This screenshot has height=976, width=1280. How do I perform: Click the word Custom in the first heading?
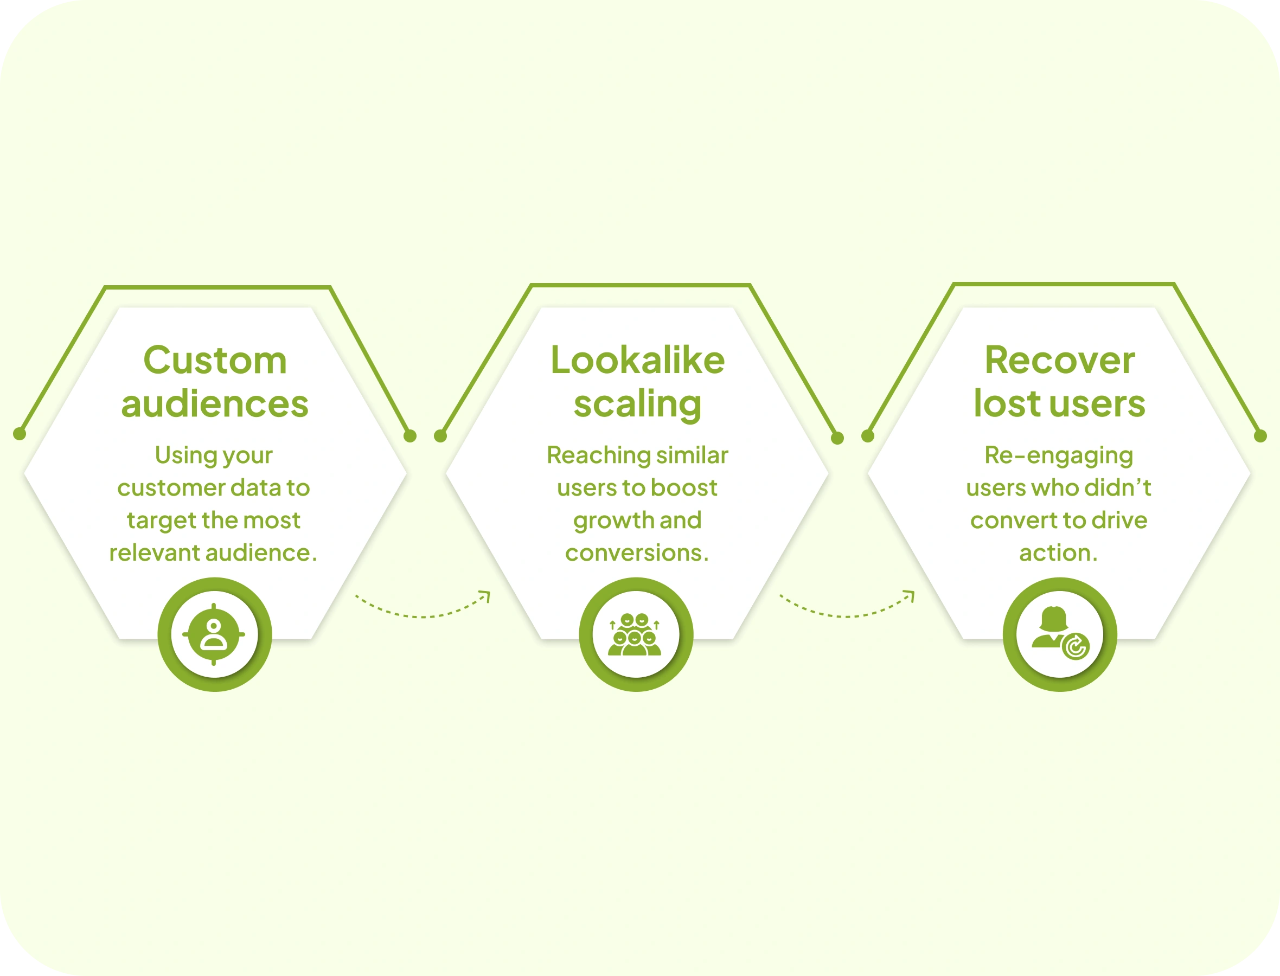pyautogui.click(x=215, y=361)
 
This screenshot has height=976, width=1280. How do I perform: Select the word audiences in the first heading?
pyautogui.click(x=215, y=404)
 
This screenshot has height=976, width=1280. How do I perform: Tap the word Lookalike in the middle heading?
pyautogui.click(x=637, y=361)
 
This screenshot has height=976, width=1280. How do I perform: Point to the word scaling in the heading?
pyautogui.click(x=637, y=405)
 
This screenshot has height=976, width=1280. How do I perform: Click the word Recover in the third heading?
pyautogui.click(x=1059, y=361)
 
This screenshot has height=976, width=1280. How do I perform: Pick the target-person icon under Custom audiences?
pyautogui.click(x=214, y=634)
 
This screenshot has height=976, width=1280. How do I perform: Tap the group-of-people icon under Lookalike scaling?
pyautogui.click(x=636, y=634)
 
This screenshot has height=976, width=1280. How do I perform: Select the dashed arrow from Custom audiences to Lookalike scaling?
pyautogui.click(x=423, y=607)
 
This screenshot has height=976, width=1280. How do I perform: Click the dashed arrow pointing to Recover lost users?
pyautogui.click(x=847, y=607)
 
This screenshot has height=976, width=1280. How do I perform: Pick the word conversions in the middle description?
pyautogui.click(x=633, y=553)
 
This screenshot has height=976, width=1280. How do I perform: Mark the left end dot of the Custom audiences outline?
pyautogui.click(x=20, y=433)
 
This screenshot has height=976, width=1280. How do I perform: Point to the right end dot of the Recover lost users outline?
pyautogui.click(x=1260, y=436)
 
